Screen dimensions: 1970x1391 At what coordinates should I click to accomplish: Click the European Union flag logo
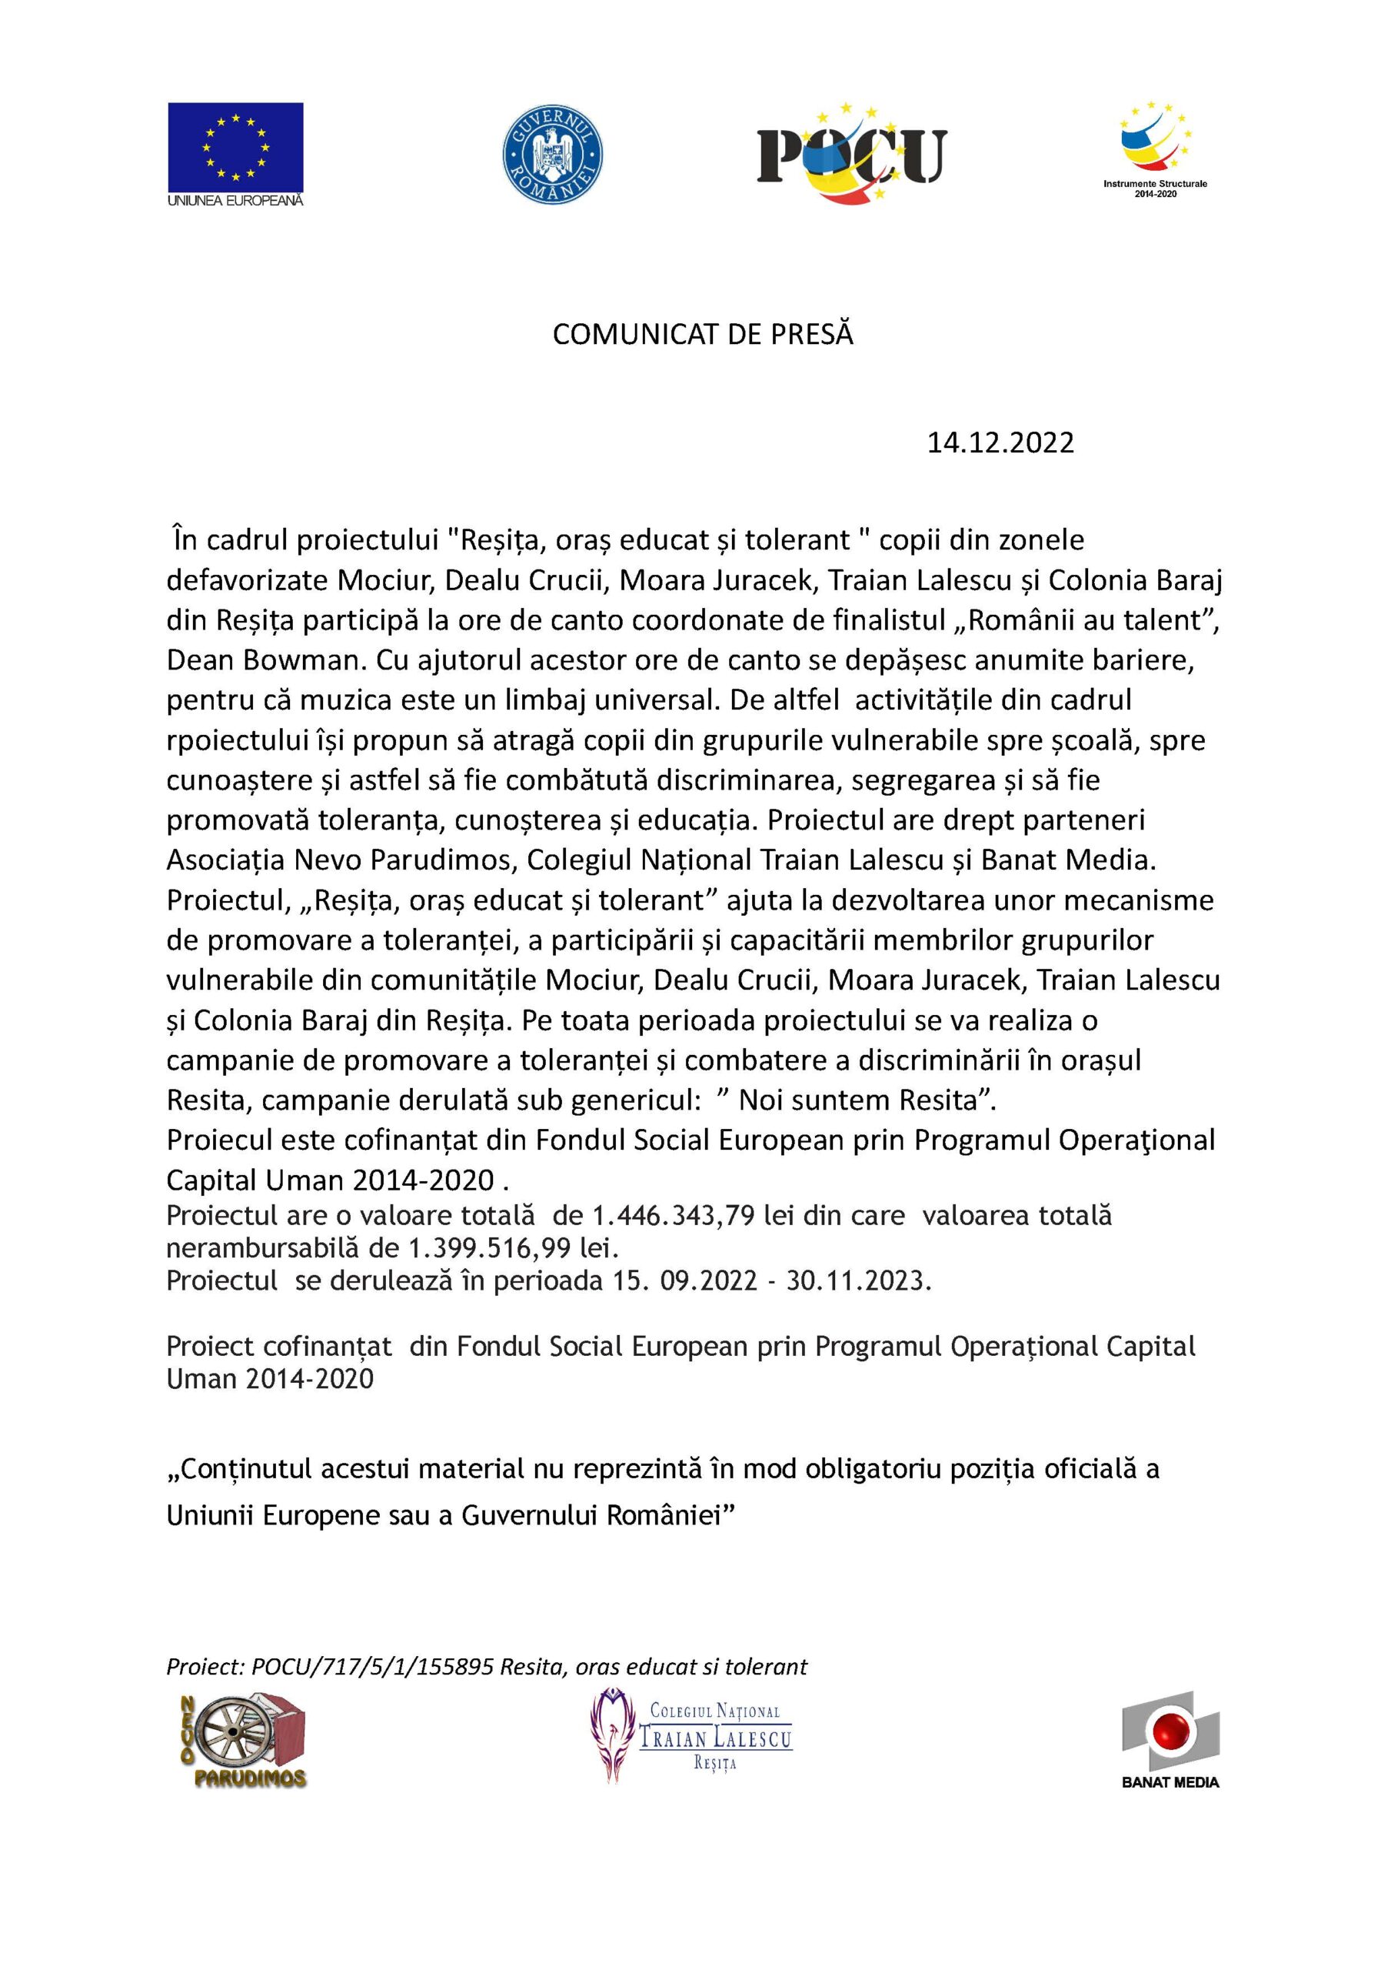(x=235, y=147)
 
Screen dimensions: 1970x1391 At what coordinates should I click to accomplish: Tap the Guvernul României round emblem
(x=552, y=154)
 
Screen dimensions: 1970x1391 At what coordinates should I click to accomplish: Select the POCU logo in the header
(x=851, y=155)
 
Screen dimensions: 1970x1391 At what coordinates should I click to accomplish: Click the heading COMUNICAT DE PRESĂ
(x=702, y=335)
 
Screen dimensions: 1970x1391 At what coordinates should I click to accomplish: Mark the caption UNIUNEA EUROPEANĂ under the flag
(x=235, y=200)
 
